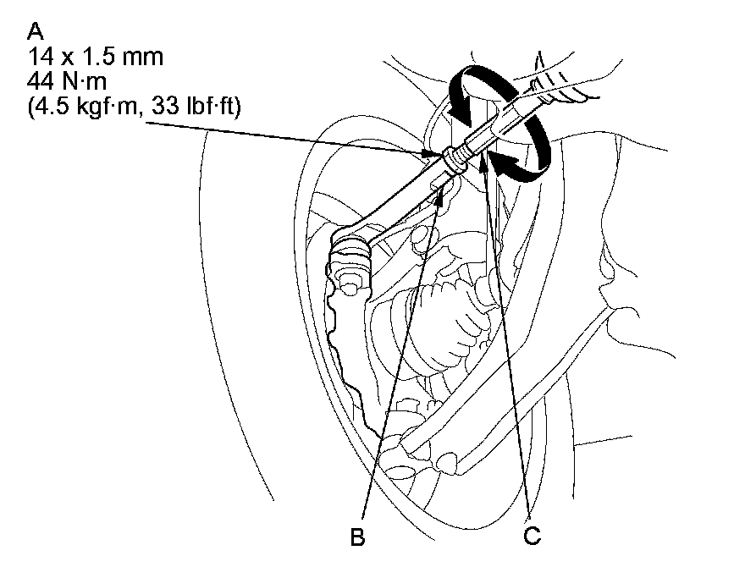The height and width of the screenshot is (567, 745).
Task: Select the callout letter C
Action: click(x=531, y=536)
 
